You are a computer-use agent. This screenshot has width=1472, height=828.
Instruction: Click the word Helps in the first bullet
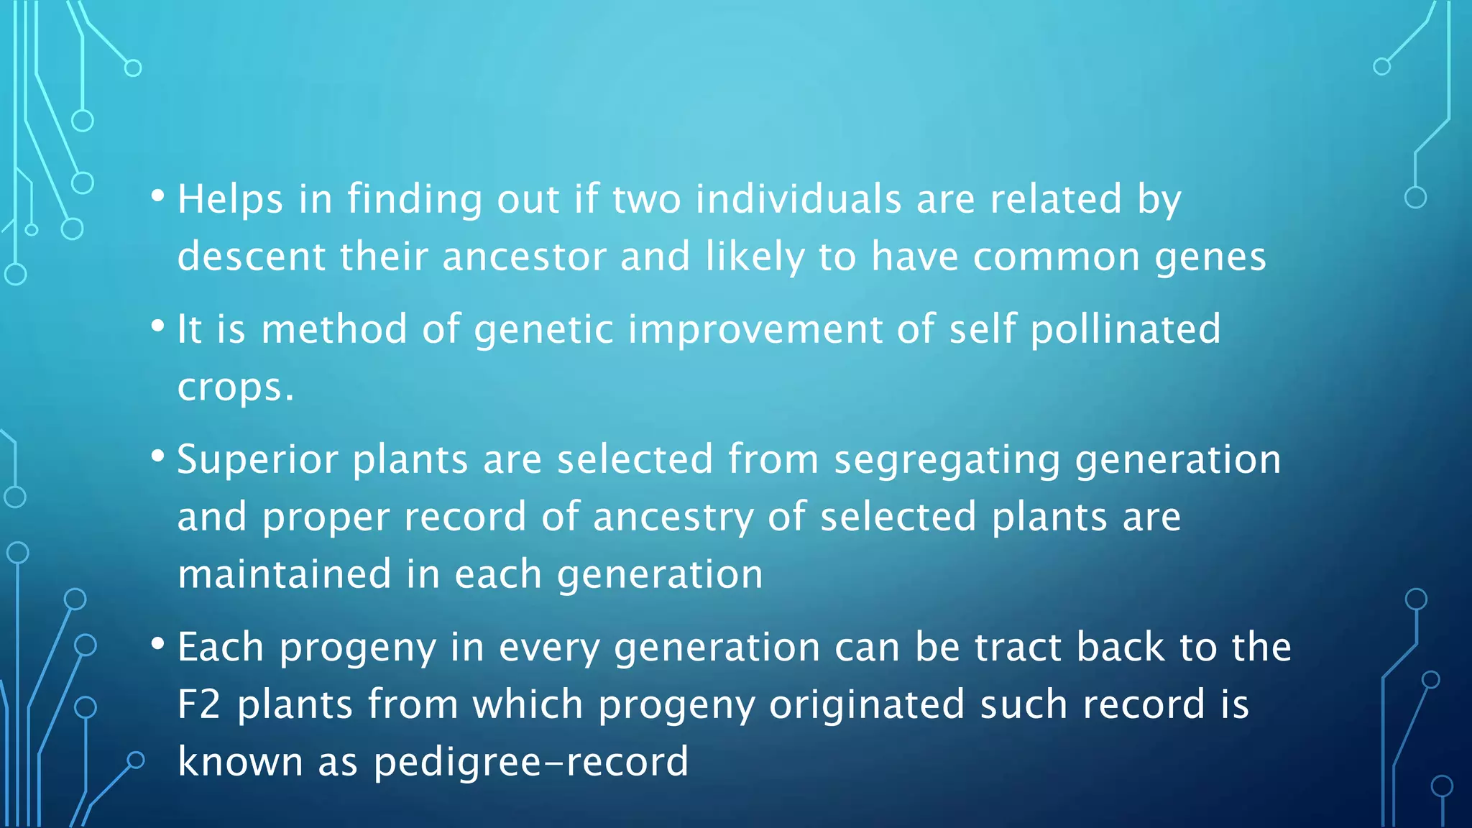point(230,199)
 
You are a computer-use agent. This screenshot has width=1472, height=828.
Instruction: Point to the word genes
point(1210,258)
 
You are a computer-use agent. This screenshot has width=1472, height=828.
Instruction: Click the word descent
point(252,257)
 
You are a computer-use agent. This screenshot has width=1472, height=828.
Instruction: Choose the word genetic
point(543,330)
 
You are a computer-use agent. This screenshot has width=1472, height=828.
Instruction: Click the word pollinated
point(1126,330)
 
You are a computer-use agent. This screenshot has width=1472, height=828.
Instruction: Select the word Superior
point(257,460)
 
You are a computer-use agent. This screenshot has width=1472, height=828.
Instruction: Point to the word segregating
point(947,460)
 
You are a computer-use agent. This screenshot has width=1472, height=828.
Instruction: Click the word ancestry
point(673,517)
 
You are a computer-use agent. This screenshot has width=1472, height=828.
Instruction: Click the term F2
point(199,704)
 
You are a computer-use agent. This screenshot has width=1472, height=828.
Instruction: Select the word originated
point(867,704)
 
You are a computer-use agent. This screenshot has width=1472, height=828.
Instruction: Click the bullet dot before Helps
point(158,195)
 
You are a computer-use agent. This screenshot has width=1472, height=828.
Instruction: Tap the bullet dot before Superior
point(158,456)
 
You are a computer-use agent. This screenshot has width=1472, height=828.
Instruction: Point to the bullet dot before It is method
point(158,326)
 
